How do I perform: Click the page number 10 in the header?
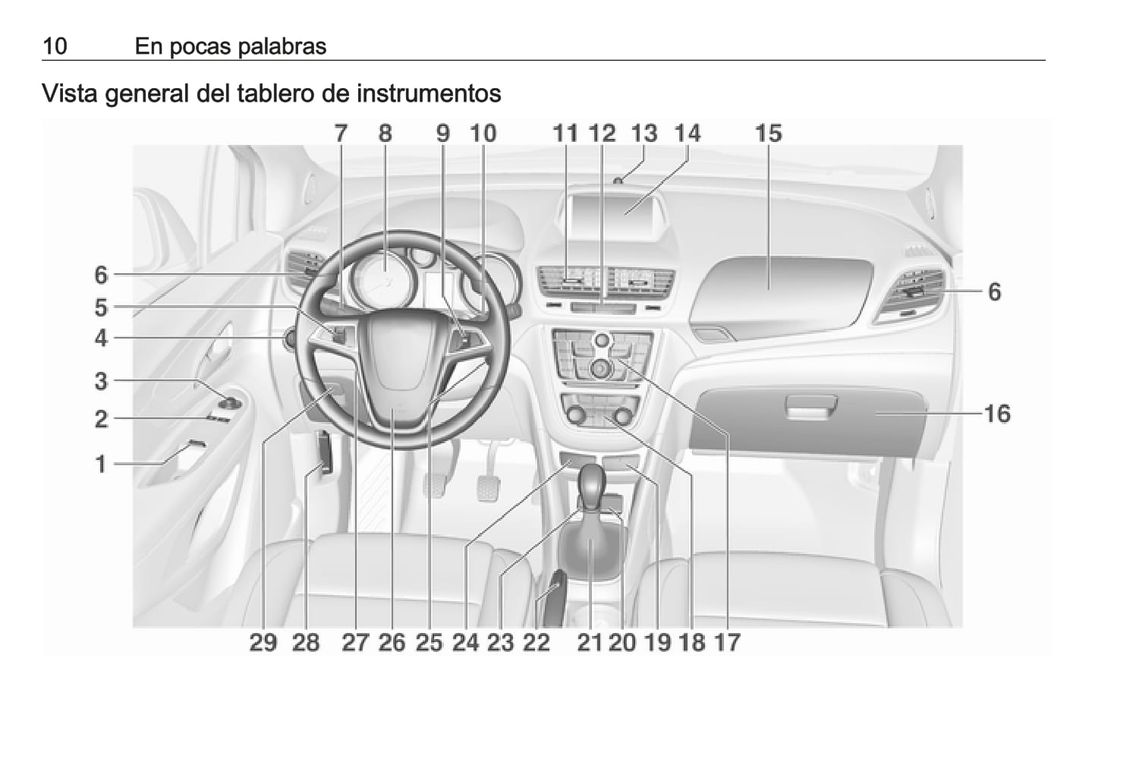(x=55, y=46)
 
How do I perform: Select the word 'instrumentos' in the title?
(x=429, y=93)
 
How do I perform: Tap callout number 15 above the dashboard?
(x=769, y=134)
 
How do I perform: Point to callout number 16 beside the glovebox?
(x=998, y=414)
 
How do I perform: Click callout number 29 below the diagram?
(x=263, y=642)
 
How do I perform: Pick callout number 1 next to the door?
(x=101, y=464)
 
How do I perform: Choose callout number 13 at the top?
(x=644, y=134)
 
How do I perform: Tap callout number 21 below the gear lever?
(x=590, y=642)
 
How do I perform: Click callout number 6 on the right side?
(x=995, y=291)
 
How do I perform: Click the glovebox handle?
(x=810, y=407)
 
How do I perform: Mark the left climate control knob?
(x=576, y=416)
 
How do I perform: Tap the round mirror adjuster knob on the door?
(x=230, y=404)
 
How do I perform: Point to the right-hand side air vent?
(x=911, y=295)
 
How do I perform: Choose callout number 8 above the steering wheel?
(x=385, y=134)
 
